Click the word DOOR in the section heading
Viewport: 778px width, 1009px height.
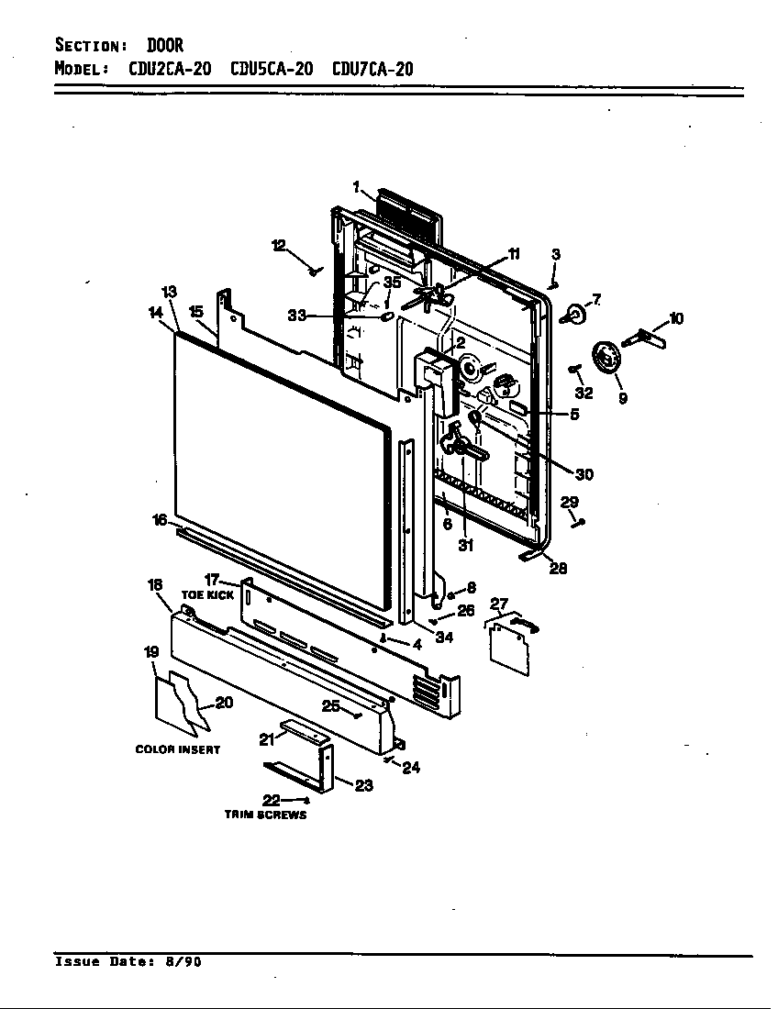pyautogui.click(x=165, y=45)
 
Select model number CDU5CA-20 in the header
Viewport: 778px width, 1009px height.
pyautogui.click(x=272, y=70)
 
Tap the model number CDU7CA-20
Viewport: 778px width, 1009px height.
pyautogui.click(x=372, y=70)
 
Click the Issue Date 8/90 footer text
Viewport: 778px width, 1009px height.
pyautogui.click(x=128, y=962)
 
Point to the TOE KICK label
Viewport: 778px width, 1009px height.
pyautogui.click(x=208, y=594)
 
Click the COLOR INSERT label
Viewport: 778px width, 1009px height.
pyautogui.click(x=178, y=749)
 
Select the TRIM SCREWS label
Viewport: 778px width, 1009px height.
pyautogui.click(x=266, y=815)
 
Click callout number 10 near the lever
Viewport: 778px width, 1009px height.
pyautogui.click(x=676, y=319)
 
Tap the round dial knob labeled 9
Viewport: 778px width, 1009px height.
pyautogui.click(x=606, y=356)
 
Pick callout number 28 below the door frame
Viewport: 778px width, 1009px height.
pyautogui.click(x=558, y=568)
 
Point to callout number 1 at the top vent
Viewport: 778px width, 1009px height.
pyautogui.click(x=356, y=187)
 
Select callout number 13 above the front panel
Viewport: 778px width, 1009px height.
pyautogui.click(x=169, y=292)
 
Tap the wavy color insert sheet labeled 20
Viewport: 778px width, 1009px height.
pyautogui.click(x=183, y=703)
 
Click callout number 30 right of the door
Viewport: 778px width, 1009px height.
pyautogui.click(x=583, y=474)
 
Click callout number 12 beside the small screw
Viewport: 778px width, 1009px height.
pyautogui.click(x=279, y=245)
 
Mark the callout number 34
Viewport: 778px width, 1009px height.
pyautogui.click(x=444, y=638)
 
